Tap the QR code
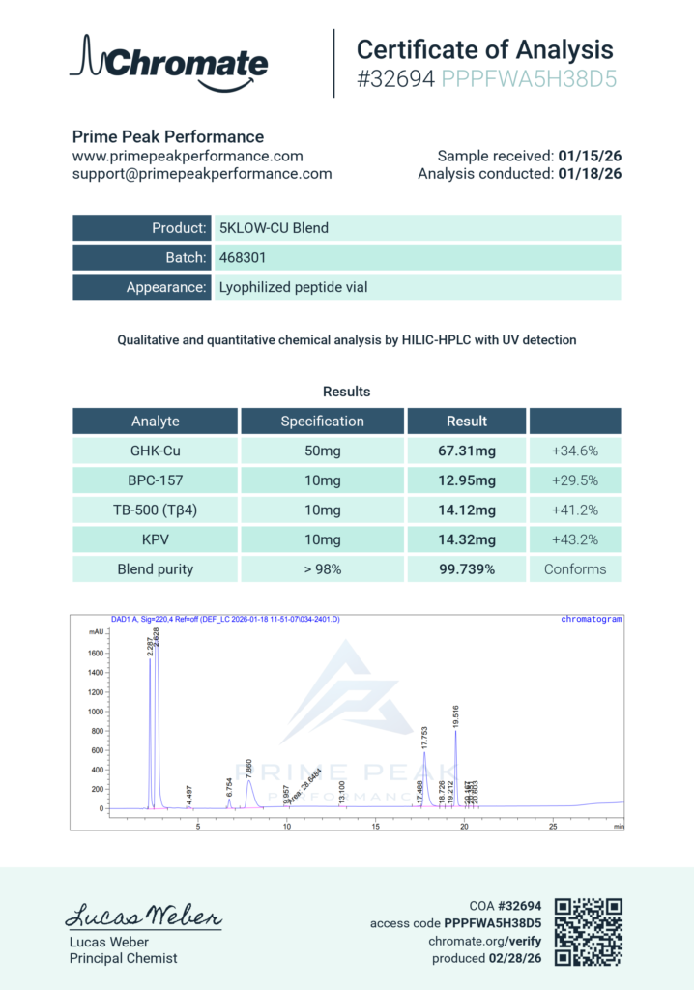[588, 931]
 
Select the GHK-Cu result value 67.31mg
[467, 451]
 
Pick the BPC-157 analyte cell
[155, 480]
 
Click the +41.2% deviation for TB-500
[574, 510]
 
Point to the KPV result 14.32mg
[467, 539]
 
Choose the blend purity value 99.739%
[467, 569]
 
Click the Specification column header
[322, 422]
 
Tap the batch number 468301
[243, 258]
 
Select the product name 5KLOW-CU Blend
[274, 229]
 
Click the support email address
[202, 174]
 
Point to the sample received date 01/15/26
[590, 156]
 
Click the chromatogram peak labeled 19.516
[456, 732]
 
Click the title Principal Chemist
[123, 958]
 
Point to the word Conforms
[574, 569]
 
